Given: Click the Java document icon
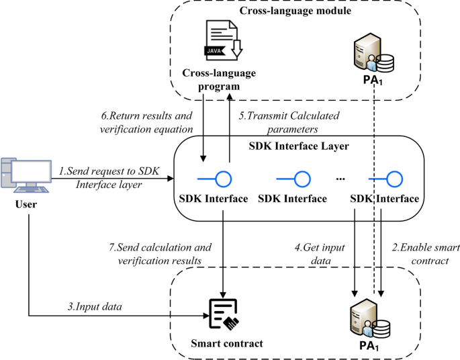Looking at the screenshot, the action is (223, 40).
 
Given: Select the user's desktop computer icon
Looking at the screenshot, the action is (26, 175).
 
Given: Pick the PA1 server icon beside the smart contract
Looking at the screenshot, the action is (370, 318).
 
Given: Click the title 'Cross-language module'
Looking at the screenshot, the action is (295, 11).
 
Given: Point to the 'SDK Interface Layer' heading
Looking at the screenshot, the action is (299, 146).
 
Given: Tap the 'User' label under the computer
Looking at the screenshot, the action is (26, 204).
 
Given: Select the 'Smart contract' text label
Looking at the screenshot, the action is (227, 343).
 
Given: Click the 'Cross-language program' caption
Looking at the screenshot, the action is (219, 79).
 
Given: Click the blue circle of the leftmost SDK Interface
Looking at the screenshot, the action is (224, 179).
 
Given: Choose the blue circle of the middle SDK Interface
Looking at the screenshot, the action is (302, 179).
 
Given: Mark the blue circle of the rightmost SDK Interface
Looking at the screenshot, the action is (394, 179).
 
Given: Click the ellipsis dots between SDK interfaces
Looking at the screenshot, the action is (340, 179).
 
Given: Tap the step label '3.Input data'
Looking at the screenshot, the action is (95, 306).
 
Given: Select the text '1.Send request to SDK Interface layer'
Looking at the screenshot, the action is (109, 178).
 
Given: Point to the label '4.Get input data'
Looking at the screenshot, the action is (320, 254).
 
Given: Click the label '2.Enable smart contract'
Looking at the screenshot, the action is (426, 254).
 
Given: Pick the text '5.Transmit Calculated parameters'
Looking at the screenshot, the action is (289, 122).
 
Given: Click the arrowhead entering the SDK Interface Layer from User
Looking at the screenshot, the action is (171, 178).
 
